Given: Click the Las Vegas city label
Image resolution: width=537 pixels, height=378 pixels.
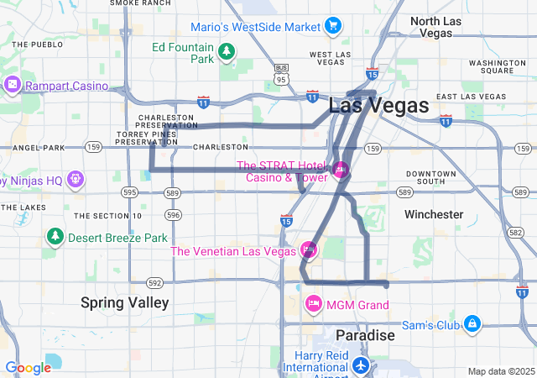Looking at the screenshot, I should [x=378, y=106].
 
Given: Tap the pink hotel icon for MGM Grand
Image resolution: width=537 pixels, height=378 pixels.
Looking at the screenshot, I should [x=313, y=303].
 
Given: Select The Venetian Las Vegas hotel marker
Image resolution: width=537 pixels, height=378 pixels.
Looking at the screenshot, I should [x=308, y=250].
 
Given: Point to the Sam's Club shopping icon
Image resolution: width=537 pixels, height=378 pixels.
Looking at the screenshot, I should [x=472, y=323].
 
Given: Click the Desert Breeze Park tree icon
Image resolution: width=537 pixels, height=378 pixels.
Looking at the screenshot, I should [x=55, y=238].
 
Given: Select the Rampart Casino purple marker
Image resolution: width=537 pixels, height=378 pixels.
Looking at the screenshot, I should [x=12, y=85].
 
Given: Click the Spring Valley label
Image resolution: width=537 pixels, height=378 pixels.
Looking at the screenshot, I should [x=125, y=302].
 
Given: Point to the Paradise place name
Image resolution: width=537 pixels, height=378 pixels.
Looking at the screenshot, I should [x=365, y=335].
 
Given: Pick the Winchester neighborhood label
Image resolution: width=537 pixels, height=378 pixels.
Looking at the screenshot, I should [x=433, y=214].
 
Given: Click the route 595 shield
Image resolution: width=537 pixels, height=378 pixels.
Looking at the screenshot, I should [x=128, y=192].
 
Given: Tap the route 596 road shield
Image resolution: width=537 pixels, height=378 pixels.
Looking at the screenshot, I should [x=173, y=215].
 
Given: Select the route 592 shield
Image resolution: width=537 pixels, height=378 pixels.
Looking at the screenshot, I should [x=154, y=283].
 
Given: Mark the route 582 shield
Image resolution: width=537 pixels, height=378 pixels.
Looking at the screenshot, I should [x=515, y=231].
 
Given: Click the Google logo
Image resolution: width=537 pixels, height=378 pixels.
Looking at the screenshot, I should [x=28, y=368].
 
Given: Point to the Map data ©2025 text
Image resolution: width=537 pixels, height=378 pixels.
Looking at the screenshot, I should [x=500, y=371].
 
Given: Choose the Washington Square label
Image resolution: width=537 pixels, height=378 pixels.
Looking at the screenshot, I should [x=496, y=67].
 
